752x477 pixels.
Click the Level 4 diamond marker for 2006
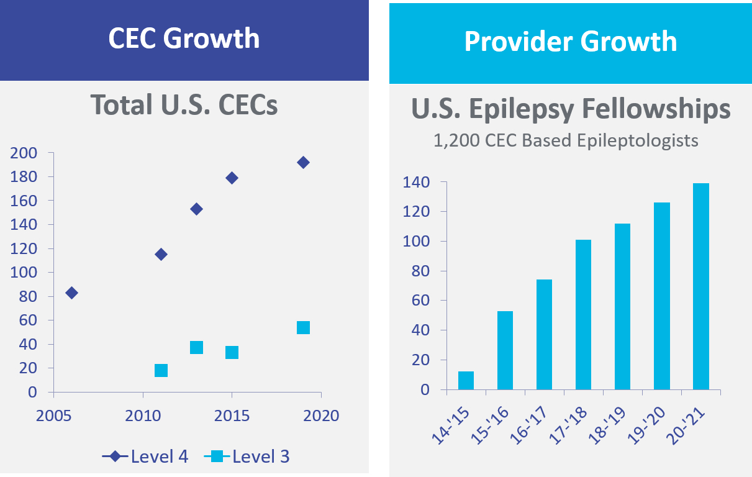pos(71,293)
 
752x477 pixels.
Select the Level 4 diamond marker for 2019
pos(303,162)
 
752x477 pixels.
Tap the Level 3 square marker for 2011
pos(161,370)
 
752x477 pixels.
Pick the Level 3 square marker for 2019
pos(303,327)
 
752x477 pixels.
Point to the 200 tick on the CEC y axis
pos(25,153)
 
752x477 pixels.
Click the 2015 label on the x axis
pos(232,415)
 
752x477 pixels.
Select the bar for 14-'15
pos(466,381)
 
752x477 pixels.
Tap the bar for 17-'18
pos(583,315)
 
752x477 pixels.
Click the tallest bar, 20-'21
pos(700,286)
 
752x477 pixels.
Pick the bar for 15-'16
pos(505,350)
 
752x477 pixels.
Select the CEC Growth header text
pos(184,39)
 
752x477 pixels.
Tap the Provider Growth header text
pos(570,41)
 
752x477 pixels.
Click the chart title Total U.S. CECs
pos(184,104)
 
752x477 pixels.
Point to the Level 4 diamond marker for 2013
pos(196,209)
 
